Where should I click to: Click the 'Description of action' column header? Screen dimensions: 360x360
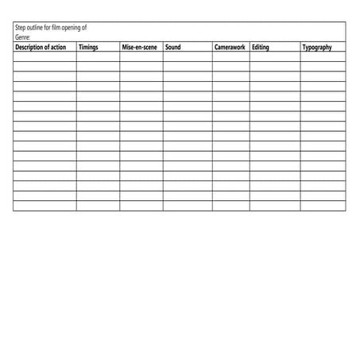tap(41, 48)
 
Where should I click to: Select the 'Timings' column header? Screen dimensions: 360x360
tap(88, 48)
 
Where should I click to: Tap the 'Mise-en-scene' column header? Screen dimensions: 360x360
tap(140, 48)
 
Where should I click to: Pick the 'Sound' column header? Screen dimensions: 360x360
tap(172, 48)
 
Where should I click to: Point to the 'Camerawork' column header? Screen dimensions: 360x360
tap(230, 48)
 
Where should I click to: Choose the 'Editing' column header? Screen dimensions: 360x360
tap(261, 48)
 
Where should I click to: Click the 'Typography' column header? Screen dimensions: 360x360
tap(317, 48)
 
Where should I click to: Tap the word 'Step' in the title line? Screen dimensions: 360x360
tap(21, 28)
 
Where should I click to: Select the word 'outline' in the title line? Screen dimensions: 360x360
tap(37, 28)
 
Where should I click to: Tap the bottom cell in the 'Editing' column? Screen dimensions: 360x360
tap(275, 206)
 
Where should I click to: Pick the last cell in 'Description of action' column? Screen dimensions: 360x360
tap(45, 206)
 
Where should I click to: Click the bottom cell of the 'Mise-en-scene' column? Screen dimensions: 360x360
tap(141, 206)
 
